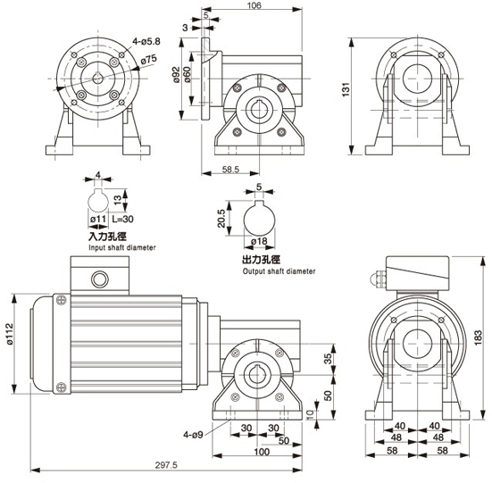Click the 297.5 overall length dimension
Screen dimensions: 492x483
(166, 465)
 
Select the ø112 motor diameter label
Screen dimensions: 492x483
(10, 334)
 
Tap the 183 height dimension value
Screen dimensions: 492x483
(478, 337)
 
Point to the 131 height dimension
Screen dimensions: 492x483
(346, 89)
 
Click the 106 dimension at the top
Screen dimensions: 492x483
(254, 5)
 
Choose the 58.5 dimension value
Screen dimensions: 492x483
(230, 170)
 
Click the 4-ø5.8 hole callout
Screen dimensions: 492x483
(146, 41)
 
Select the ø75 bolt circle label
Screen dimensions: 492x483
(148, 59)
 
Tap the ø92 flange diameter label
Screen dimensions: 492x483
(176, 75)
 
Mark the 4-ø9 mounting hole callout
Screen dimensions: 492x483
(193, 435)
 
